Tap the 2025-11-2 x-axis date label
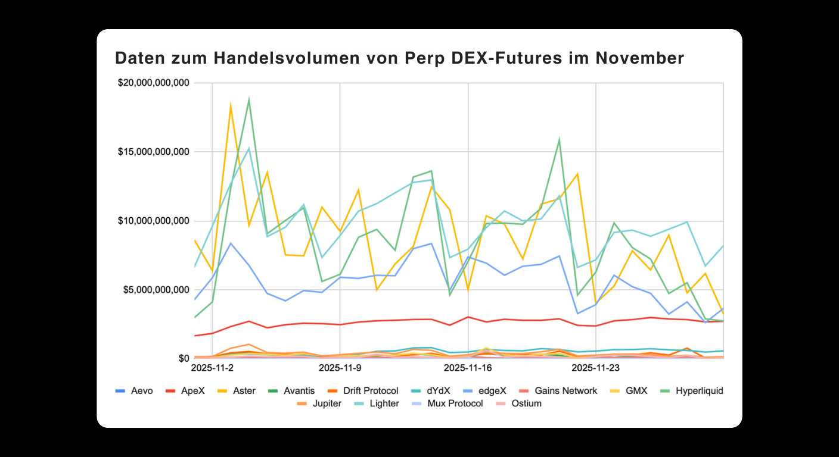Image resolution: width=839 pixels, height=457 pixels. (x=212, y=368)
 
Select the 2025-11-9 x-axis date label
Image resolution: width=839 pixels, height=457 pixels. (x=340, y=368)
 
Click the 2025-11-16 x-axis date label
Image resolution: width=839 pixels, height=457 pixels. (x=468, y=368)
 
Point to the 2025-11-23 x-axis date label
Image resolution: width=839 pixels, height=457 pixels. (x=595, y=368)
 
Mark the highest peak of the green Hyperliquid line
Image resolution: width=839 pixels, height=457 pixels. (x=249, y=99)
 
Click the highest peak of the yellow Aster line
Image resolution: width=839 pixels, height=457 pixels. (x=231, y=105)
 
